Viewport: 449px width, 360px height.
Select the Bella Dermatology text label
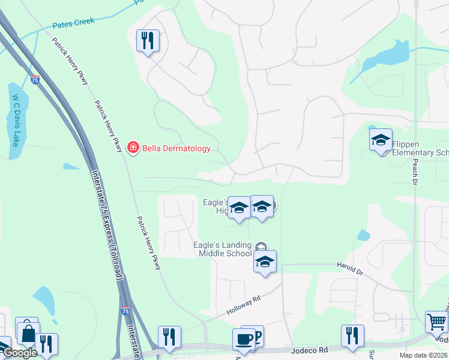pyautogui.click(x=176, y=148)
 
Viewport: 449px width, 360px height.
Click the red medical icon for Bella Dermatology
pyautogui.click(x=133, y=148)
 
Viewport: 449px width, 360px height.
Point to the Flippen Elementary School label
pyautogui.click(x=420, y=148)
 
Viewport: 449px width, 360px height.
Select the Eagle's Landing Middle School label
pyautogui.click(x=222, y=249)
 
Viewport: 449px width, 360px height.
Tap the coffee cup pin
pyautogui.click(x=244, y=339)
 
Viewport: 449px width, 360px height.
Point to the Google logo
pyautogui.click(x=19, y=353)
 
